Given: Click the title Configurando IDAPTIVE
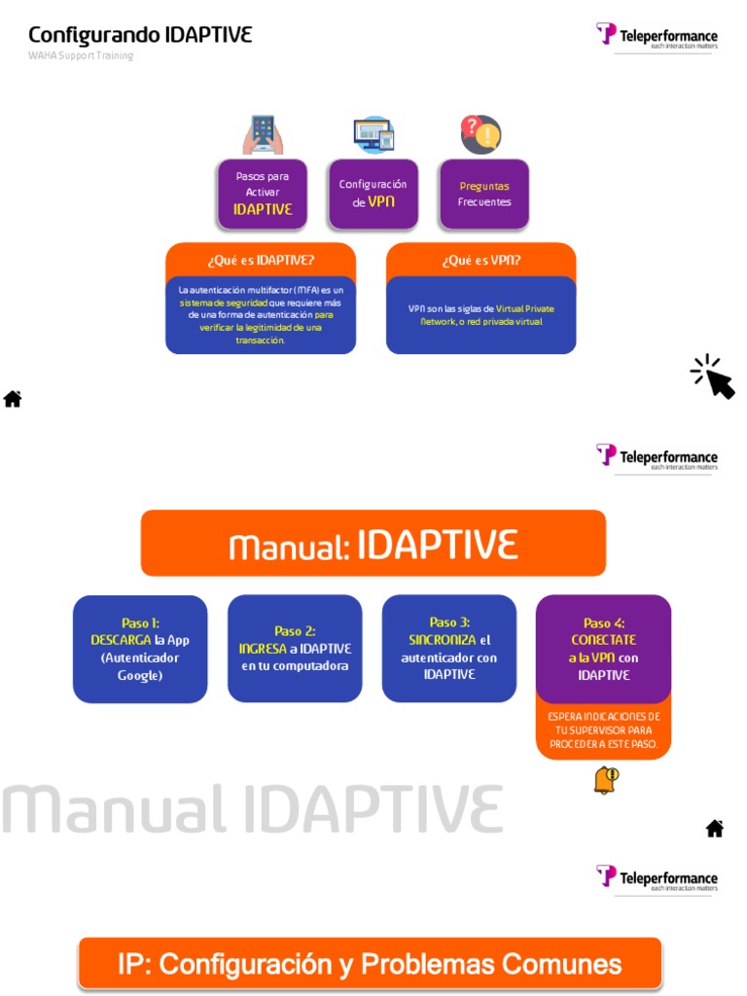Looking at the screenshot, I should click(x=140, y=35).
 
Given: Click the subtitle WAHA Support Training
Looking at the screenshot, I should click(x=81, y=55).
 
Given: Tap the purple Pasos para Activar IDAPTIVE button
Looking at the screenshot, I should click(x=263, y=194).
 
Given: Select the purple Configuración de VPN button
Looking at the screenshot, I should click(x=373, y=194).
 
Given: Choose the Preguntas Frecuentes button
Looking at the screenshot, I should click(x=483, y=194).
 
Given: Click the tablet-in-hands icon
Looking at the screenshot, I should click(x=263, y=134).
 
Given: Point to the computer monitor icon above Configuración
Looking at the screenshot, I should click(x=373, y=134).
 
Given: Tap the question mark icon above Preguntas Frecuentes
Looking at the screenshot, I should click(x=480, y=134).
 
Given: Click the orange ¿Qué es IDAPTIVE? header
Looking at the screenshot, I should click(x=261, y=260).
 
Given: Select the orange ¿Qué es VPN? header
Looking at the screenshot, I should click(x=480, y=260).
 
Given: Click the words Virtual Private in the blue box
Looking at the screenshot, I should click(x=525, y=308).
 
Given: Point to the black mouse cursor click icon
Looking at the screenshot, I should click(x=713, y=376).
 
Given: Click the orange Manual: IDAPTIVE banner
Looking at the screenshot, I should click(x=373, y=544).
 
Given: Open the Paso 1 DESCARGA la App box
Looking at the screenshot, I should click(x=140, y=649).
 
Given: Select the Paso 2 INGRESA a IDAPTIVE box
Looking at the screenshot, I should click(x=295, y=649).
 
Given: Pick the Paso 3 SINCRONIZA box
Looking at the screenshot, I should click(x=449, y=649).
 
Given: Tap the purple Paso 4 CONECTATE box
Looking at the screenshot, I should click(x=604, y=649).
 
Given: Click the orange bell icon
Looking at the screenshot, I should click(x=606, y=780).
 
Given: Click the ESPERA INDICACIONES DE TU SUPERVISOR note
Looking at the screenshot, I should click(x=604, y=730).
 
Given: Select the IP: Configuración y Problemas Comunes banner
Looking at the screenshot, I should click(x=370, y=964).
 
